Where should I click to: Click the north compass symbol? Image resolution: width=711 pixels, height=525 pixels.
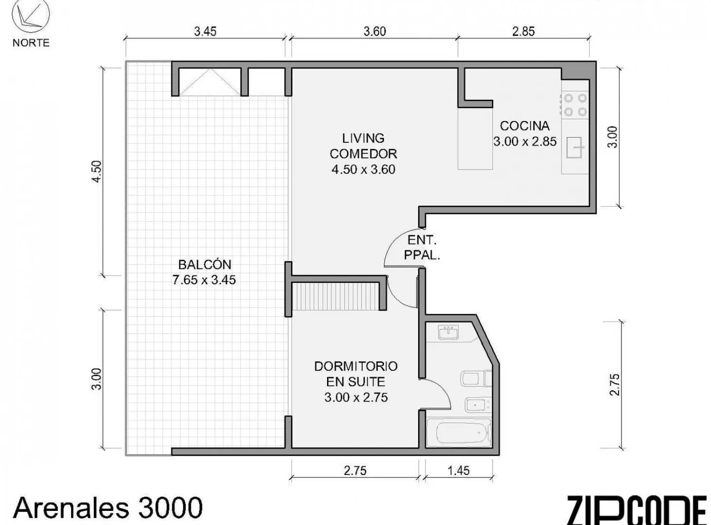click(31, 16)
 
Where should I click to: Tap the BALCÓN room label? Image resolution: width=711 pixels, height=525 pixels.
click(204, 264)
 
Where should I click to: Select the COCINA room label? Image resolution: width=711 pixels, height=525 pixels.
click(525, 126)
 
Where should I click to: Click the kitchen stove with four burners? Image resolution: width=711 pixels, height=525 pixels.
click(575, 105)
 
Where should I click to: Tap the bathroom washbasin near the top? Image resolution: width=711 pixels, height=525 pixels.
click(449, 333)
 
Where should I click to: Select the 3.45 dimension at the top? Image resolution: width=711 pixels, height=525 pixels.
click(205, 32)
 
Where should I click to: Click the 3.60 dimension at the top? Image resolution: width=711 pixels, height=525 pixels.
click(374, 32)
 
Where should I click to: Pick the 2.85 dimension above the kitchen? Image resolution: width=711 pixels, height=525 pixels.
click(524, 32)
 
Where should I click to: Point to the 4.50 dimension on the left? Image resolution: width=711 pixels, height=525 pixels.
click(96, 172)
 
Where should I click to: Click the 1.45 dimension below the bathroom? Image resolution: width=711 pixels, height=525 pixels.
click(458, 471)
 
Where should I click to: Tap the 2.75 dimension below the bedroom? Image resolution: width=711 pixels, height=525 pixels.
click(355, 471)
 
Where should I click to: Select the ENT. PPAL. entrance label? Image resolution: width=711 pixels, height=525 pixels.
click(421, 247)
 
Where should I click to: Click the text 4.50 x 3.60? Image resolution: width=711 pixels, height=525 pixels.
click(363, 169)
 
